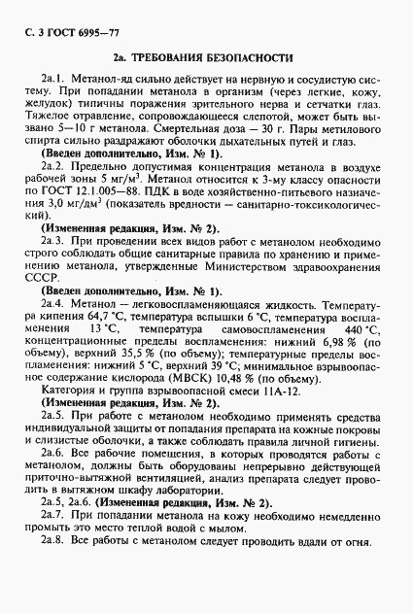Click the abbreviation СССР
[45, 303]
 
